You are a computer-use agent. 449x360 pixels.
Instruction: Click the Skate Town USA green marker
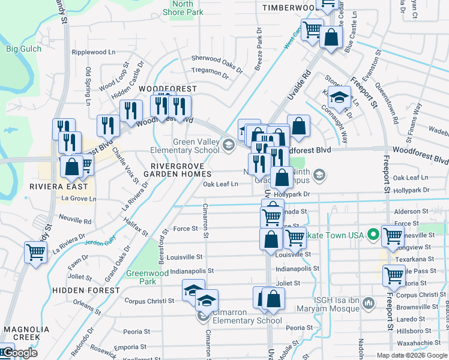(373, 235)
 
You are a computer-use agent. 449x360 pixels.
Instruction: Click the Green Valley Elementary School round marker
(229, 145)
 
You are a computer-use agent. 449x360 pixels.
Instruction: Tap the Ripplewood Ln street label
(93, 52)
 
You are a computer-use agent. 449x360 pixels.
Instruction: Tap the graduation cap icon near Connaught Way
(340, 97)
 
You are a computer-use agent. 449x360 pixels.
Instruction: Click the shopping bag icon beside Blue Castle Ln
(331, 37)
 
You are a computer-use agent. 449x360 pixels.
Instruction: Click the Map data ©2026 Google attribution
(411, 355)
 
